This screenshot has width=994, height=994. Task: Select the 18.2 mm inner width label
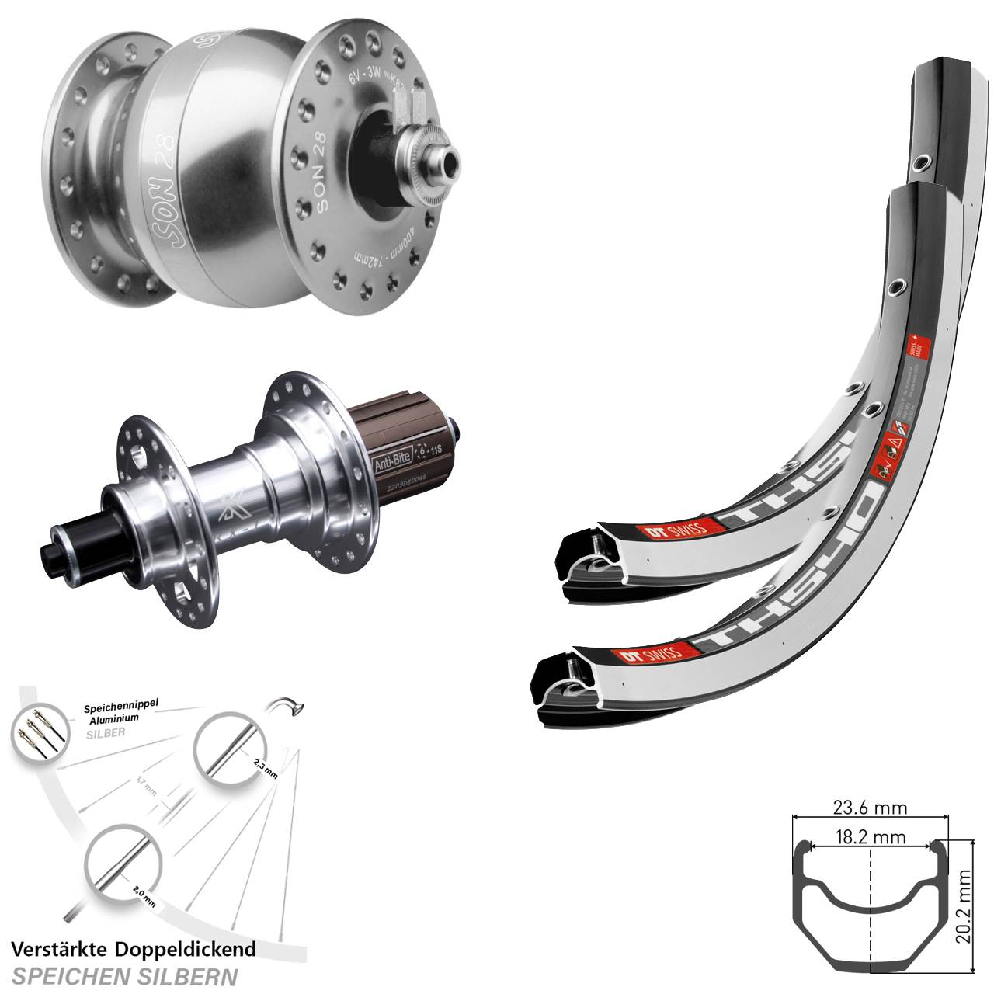[870, 838]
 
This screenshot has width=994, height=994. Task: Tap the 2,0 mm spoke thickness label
[144, 892]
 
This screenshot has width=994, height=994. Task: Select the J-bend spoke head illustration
[288, 704]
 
